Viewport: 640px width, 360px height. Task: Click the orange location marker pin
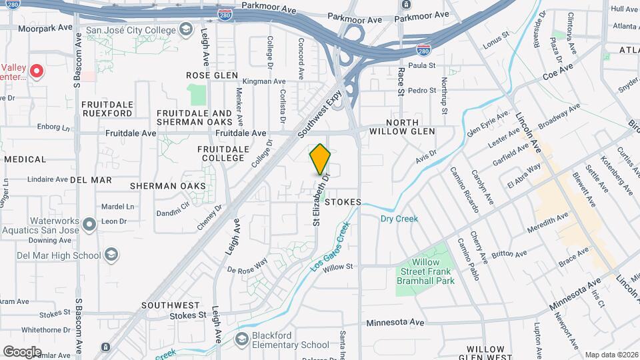(320, 159)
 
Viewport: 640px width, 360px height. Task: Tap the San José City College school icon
(185, 30)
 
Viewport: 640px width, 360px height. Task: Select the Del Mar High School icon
(111, 255)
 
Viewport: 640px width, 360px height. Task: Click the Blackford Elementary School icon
(241, 340)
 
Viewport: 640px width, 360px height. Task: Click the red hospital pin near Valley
(37, 71)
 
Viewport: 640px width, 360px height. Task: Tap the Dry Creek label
(399, 218)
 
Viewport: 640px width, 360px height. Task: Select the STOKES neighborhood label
(343, 201)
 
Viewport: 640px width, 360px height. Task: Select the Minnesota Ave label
(395, 323)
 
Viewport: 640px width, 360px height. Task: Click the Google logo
(22, 351)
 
